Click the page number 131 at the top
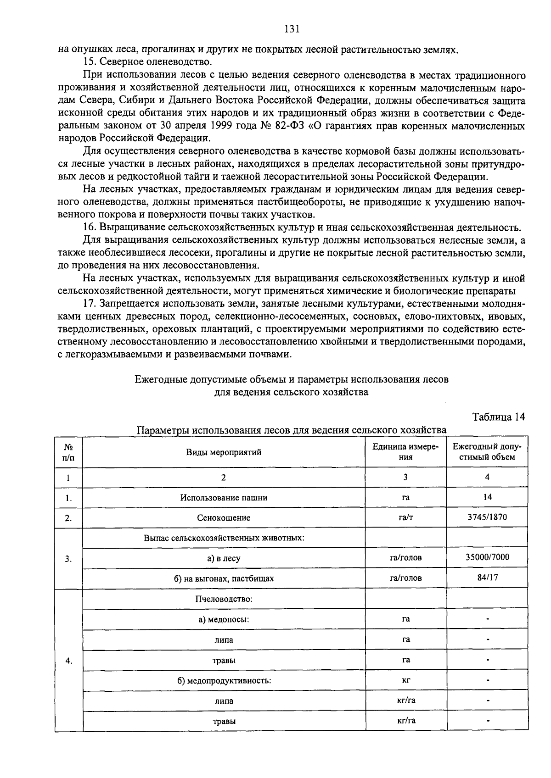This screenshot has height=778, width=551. (292, 29)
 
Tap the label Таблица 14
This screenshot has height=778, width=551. (498, 417)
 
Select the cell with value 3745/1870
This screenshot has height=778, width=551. (487, 517)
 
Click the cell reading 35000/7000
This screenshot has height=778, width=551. (487, 557)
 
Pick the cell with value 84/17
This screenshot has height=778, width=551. (487, 578)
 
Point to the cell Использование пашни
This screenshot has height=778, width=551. (224, 497)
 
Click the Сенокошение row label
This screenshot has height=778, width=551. (224, 518)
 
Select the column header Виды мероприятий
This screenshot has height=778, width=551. (224, 452)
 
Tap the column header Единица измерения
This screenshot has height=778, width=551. (405, 452)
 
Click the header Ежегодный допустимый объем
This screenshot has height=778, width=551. (487, 452)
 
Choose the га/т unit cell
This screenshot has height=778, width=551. (405, 517)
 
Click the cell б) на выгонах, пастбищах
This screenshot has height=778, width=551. (224, 578)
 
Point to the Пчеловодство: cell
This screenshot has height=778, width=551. (224, 599)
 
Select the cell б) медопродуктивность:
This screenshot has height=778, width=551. (224, 680)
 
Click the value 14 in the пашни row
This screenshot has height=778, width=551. (487, 497)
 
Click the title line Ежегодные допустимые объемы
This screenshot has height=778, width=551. (291, 379)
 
